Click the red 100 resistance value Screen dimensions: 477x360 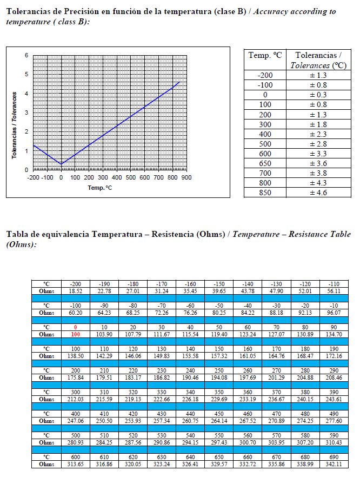click(75, 335)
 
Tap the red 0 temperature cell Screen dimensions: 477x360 click(75, 327)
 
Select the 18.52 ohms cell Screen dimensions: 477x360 click(75, 291)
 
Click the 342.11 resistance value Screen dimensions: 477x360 click(335, 463)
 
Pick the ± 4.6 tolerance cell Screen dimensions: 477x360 click(318, 193)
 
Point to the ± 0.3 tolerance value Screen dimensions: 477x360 click(318, 95)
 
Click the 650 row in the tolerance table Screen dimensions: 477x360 click(265, 163)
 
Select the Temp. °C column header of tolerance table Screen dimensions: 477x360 click(265, 55)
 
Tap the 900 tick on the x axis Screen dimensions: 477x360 click(186, 177)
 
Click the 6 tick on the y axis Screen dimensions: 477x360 click(26, 56)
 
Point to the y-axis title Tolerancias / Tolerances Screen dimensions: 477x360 click(15, 124)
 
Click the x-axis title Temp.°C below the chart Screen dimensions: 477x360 click(100, 187)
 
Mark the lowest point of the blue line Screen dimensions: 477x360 click(61, 164)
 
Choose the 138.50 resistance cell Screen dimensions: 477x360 click(75, 356)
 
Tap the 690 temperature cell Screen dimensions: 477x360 click(335, 456)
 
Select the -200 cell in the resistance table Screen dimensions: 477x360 click(75, 284)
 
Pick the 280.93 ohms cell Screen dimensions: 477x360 click(75, 442)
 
